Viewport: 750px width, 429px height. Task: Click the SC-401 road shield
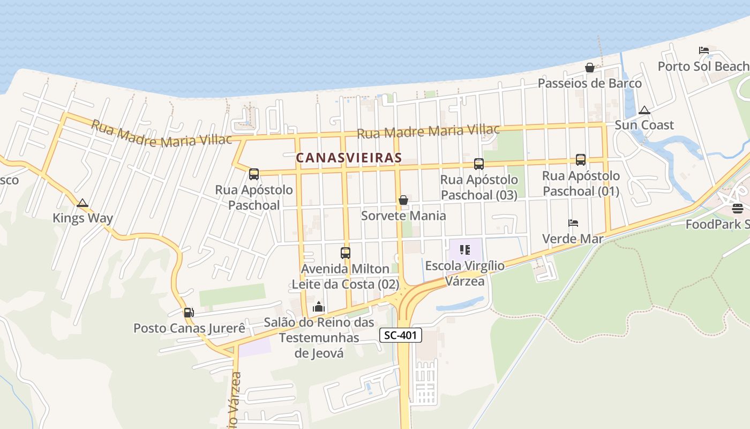(401, 336)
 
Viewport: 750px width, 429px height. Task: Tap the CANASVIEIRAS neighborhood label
(349, 158)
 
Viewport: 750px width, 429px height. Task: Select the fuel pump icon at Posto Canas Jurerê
(189, 312)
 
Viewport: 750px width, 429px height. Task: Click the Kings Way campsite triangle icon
(82, 203)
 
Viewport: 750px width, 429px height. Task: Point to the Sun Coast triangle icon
(644, 110)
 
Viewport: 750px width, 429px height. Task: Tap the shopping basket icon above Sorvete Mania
(403, 200)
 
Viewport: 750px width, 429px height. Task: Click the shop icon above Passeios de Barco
(590, 68)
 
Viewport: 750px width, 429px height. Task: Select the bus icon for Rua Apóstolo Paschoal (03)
(479, 164)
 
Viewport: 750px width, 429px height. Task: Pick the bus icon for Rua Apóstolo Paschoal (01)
(581, 159)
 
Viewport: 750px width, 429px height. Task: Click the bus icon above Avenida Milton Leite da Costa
(346, 253)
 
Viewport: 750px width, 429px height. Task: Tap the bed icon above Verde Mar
(573, 223)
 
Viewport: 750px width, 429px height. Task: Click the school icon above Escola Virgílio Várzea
(465, 250)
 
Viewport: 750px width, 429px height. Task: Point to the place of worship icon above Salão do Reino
(319, 307)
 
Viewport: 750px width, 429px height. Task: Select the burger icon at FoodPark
(738, 209)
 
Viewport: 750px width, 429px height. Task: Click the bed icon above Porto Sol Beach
(704, 50)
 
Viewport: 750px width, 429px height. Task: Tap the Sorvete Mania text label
(403, 216)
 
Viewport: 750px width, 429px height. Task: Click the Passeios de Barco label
(590, 83)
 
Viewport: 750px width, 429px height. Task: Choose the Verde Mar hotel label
(573, 239)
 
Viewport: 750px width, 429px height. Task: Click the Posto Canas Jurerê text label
(189, 328)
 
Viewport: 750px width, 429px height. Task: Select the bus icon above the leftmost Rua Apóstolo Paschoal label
(254, 174)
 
